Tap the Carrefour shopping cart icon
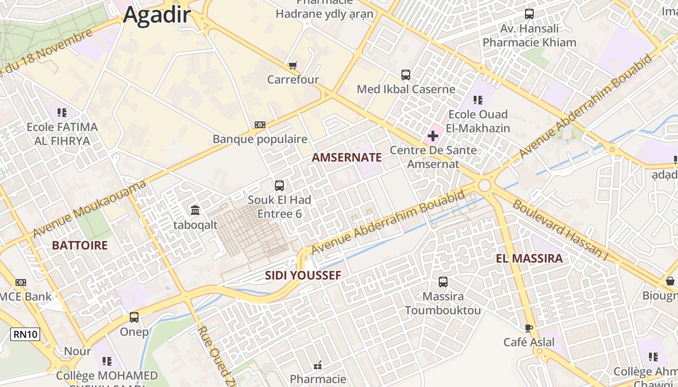(293, 65)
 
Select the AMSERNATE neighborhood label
(347, 157)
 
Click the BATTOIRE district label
(80, 245)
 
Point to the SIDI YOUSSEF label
(303, 276)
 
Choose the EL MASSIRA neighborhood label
(529, 258)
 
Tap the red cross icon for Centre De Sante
(433, 136)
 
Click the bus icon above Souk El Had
(279, 185)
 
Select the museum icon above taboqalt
(196, 210)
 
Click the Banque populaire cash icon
(260, 125)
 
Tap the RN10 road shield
(25, 334)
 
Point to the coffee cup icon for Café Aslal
(529, 328)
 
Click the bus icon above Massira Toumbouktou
(443, 282)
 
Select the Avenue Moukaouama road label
(90, 209)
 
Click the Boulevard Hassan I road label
(560, 230)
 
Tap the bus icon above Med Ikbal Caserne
(406, 75)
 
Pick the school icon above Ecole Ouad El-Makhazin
(478, 100)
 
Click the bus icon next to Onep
(134, 317)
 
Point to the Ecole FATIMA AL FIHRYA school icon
(62, 113)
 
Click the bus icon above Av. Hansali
(529, 14)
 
